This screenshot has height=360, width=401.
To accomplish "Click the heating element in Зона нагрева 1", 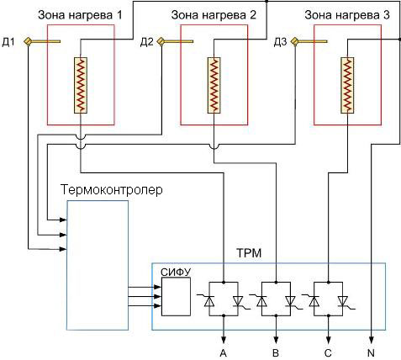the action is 81,86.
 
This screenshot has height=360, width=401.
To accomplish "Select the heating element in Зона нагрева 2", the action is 214,86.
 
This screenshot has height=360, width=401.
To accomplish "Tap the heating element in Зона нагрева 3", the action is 347,86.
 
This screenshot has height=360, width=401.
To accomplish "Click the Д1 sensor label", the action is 8,43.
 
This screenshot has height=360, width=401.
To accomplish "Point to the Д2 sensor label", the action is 147,43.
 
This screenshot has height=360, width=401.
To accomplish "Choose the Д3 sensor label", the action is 280,43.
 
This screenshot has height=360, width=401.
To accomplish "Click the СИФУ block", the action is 176,296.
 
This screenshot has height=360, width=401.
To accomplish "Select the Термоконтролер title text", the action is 112,190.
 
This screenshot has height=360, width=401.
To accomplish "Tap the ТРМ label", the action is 249,253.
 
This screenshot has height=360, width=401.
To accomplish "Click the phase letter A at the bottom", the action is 224,353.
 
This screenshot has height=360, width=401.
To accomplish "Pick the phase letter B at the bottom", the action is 276,353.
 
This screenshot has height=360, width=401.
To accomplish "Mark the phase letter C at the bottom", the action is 328,353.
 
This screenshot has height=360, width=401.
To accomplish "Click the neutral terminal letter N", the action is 372,353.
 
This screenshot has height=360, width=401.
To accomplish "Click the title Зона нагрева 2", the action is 214,15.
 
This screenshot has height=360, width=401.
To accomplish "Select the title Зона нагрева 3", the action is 347,15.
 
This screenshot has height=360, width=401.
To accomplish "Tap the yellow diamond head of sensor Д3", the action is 295,41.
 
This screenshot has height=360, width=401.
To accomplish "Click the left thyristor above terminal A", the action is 208,301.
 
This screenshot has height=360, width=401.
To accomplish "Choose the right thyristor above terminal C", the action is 344,301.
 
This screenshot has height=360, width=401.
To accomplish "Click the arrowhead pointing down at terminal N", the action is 372,340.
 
